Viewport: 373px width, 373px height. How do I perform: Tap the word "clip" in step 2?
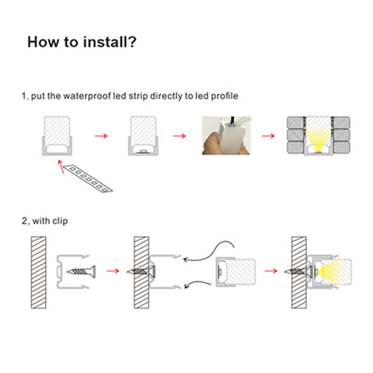[x=60, y=221]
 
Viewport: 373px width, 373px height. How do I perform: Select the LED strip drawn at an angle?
[x=88, y=179]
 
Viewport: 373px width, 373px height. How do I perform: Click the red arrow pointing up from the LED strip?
[x=61, y=166]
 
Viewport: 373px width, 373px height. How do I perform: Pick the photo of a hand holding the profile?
[x=226, y=136]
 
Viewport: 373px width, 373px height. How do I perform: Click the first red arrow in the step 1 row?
[x=101, y=136]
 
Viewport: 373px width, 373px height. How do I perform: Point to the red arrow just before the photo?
[x=180, y=136]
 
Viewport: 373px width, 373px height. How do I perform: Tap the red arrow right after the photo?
[x=268, y=136]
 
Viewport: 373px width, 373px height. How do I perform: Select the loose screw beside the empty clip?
[x=82, y=271]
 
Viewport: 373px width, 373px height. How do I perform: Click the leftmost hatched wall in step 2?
[x=39, y=273]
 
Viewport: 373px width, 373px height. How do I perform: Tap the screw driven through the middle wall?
[x=141, y=271]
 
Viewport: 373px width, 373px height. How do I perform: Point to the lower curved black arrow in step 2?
[x=197, y=283]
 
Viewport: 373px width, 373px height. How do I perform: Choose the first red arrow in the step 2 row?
[x=113, y=271]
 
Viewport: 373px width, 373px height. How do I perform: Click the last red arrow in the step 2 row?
[x=271, y=271]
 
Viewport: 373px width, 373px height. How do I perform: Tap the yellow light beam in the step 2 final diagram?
[x=333, y=271]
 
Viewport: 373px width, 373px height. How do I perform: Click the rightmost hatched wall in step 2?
[x=299, y=273]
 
